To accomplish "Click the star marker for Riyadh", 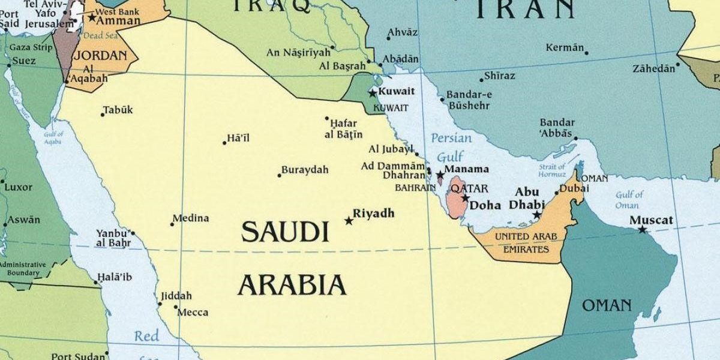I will (349, 221).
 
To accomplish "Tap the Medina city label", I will (191, 218).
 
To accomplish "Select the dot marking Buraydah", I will (280, 175).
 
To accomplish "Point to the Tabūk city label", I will (118, 110).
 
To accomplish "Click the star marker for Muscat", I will (643, 229).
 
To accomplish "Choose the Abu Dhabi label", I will (527, 199).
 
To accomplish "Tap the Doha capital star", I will (465, 198).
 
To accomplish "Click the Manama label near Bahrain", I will (466, 169).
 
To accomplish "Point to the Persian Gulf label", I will (451, 148).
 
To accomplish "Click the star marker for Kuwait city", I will (373, 93).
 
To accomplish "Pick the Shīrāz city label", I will (500, 76).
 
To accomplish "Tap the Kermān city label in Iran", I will (565, 47).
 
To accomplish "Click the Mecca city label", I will (194, 312).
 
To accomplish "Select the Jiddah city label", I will (176, 296).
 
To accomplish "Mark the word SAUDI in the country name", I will (285, 232).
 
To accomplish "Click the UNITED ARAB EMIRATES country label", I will (521, 243).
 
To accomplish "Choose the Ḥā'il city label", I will (238, 139).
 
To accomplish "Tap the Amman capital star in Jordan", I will (91, 17).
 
